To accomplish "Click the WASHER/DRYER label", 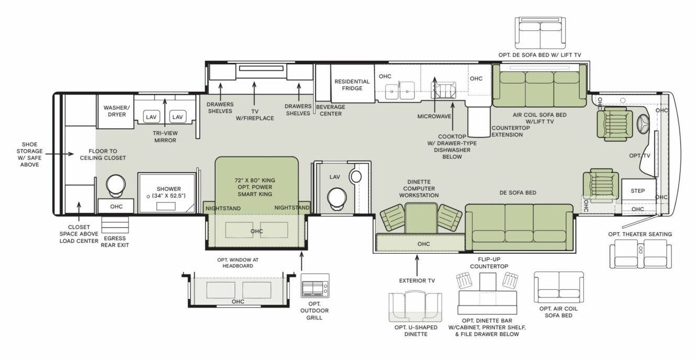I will [x=115, y=111].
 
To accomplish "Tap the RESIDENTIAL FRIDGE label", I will [x=352, y=85].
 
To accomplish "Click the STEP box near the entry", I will [x=637, y=191].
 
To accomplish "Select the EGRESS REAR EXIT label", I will [x=115, y=241].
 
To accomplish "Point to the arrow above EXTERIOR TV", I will [x=417, y=265].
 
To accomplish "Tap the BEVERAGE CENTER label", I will [x=330, y=110].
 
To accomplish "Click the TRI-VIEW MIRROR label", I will [x=165, y=137].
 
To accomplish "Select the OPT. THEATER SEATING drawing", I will [x=640, y=254].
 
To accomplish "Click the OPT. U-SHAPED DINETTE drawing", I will [x=415, y=307].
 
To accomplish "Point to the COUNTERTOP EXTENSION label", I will [x=507, y=131].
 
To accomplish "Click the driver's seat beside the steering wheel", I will [x=614, y=124].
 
